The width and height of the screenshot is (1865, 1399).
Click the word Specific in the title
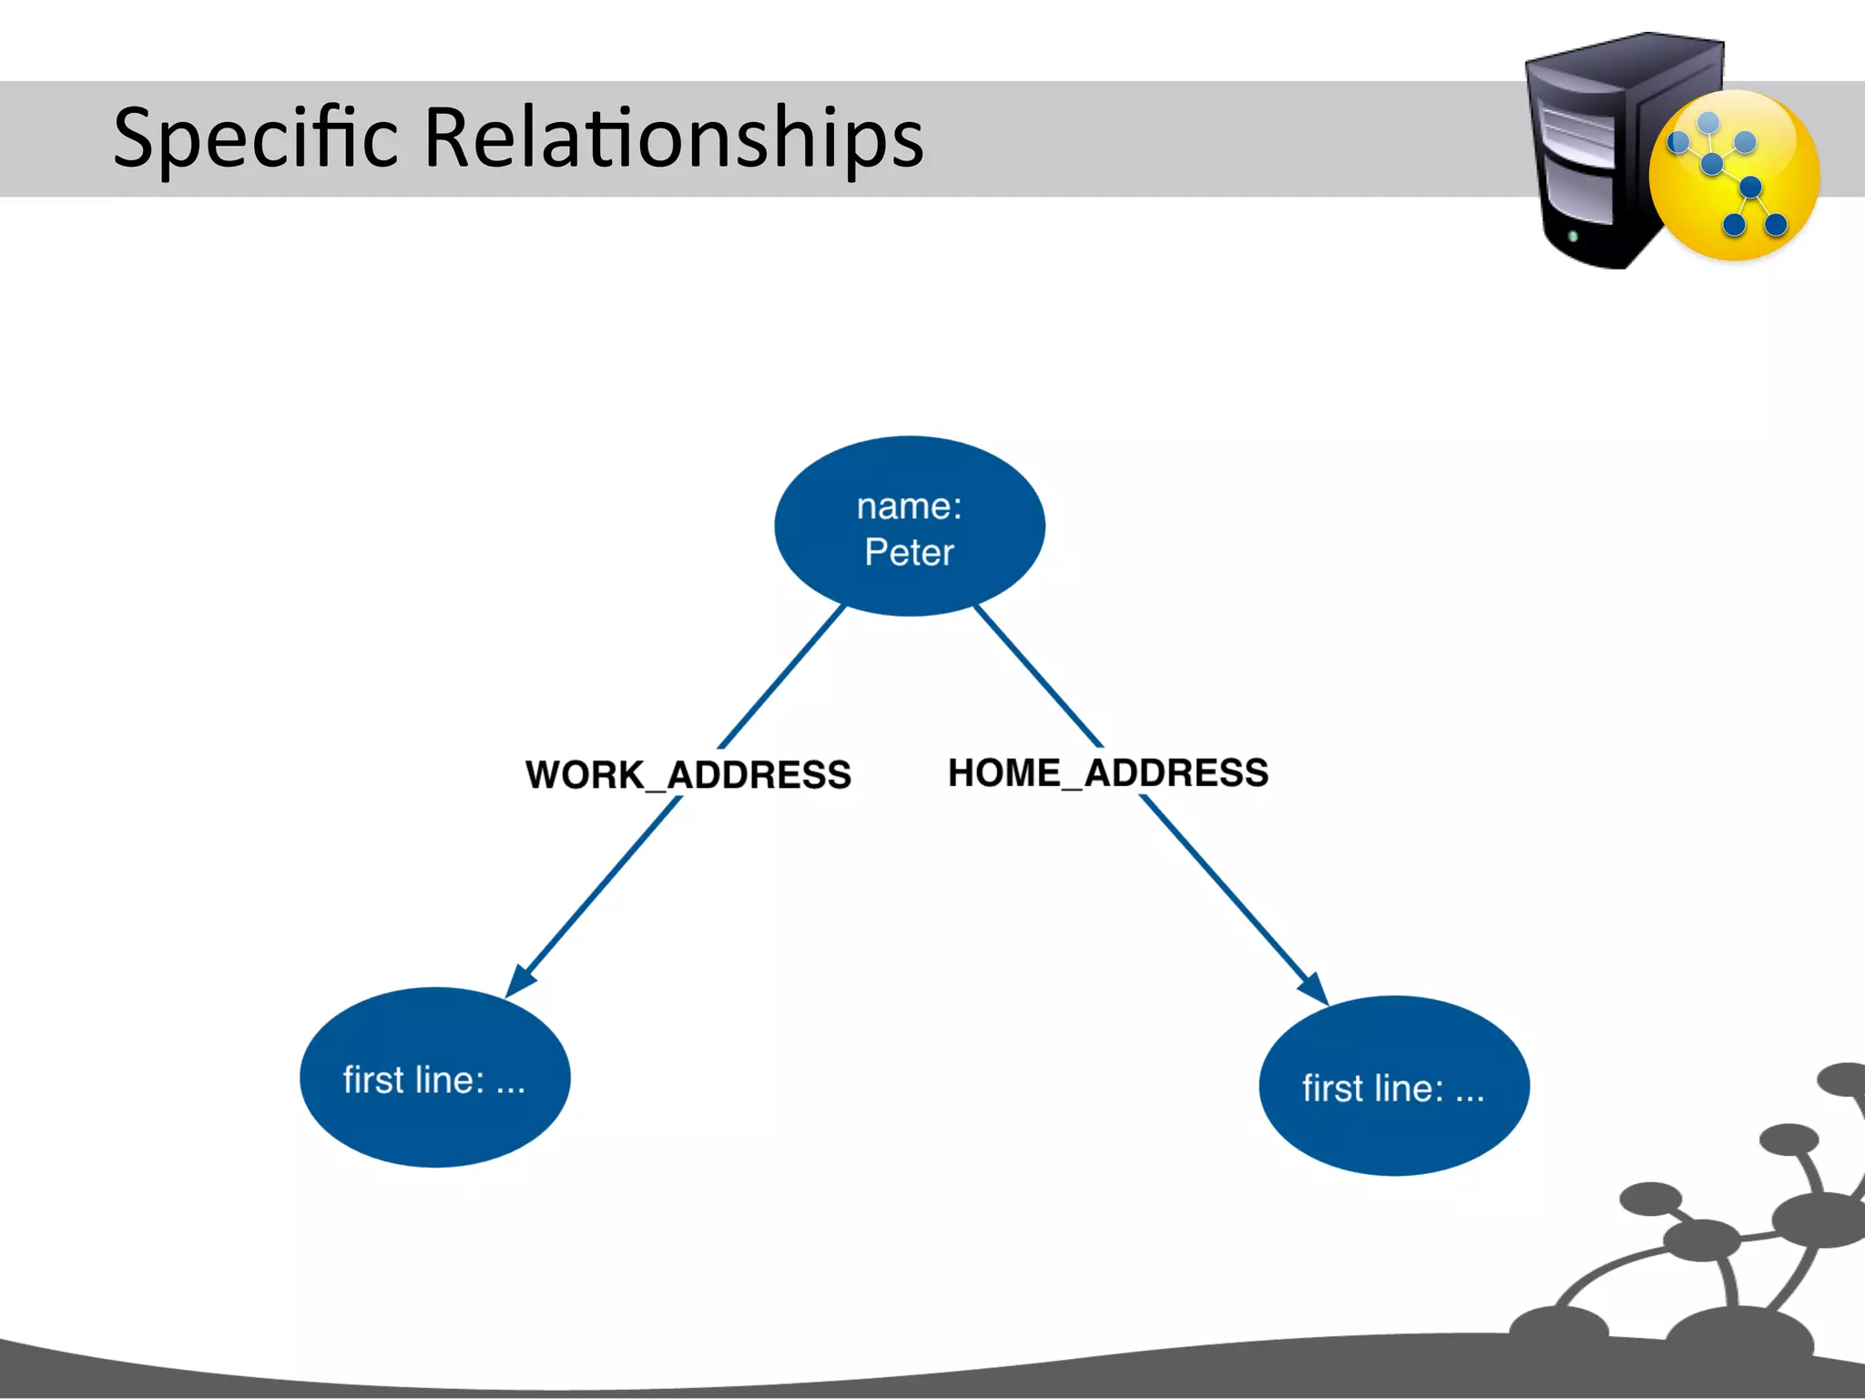pyautogui.click(x=255, y=138)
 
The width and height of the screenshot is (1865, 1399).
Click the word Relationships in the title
pyautogui.click(x=674, y=138)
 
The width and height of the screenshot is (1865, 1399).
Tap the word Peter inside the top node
pyautogui.click(x=909, y=552)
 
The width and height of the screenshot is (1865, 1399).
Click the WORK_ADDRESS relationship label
pyautogui.click(x=688, y=775)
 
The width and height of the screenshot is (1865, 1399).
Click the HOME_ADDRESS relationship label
pyautogui.click(x=1107, y=772)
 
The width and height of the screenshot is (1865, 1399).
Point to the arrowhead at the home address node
pyautogui.click(x=1313, y=990)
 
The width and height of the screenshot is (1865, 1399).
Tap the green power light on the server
pyautogui.click(x=1573, y=236)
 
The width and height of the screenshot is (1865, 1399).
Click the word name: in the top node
pyautogui.click(x=909, y=506)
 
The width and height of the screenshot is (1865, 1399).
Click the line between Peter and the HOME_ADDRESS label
pyautogui.click(x=1038, y=676)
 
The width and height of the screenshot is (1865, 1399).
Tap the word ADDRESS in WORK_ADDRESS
pyautogui.click(x=759, y=775)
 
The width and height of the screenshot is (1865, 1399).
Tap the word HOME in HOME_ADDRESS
pyautogui.click(x=1004, y=772)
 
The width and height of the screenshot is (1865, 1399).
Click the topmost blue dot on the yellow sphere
pyautogui.click(x=1708, y=122)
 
